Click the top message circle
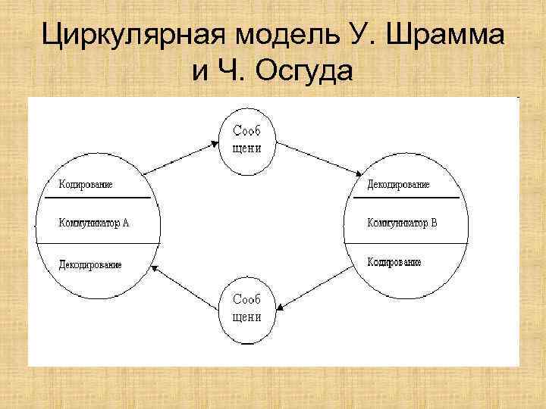click(x=247, y=141)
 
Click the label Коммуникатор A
click(x=94, y=223)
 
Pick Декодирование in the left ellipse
click(x=89, y=264)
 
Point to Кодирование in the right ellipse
click(x=394, y=262)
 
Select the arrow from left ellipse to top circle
click(x=182, y=157)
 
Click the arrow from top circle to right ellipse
click(x=317, y=158)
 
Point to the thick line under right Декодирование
click(x=406, y=198)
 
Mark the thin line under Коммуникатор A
click(x=99, y=243)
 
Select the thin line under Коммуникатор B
click(x=406, y=243)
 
